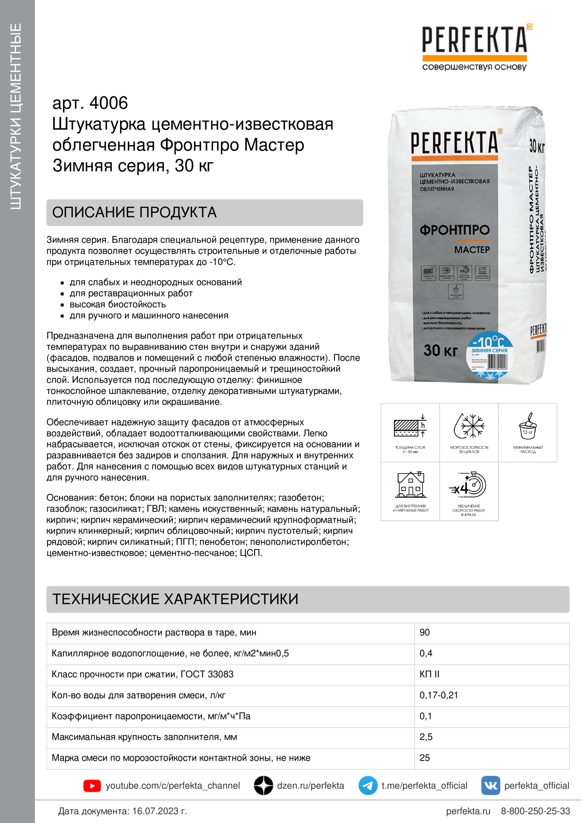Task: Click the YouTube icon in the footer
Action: pos(92,786)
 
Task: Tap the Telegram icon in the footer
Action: pos(368,785)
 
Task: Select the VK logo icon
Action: pos(490,785)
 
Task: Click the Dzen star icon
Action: pos(263,785)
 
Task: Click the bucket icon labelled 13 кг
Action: pos(528,426)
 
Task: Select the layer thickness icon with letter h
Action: pos(410,426)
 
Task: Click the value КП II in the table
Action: pos(429,674)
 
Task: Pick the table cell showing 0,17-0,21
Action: pos(439,695)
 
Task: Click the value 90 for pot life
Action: pos(425,632)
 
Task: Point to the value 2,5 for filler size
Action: pos(426,737)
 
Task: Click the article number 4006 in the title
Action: pos(108,103)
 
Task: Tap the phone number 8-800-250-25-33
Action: pos(535,811)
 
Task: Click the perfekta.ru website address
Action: pos(468,811)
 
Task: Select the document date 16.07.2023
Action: pos(159,811)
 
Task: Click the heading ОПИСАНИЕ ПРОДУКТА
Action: pos(134,213)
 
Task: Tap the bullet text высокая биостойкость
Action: pos(118,304)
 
